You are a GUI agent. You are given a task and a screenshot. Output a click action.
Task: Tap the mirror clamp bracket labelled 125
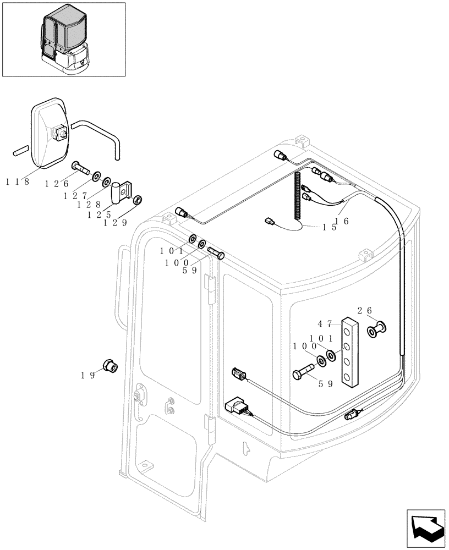(x=123, y=190)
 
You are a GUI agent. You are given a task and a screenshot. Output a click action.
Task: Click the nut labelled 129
(x=139, y=199)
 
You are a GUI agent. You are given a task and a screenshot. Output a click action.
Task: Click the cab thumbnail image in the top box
(x=64, y=40)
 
